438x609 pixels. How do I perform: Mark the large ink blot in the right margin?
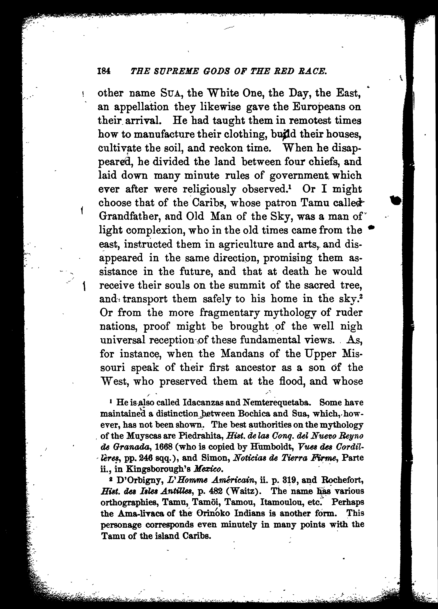click(x=396, y=200)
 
